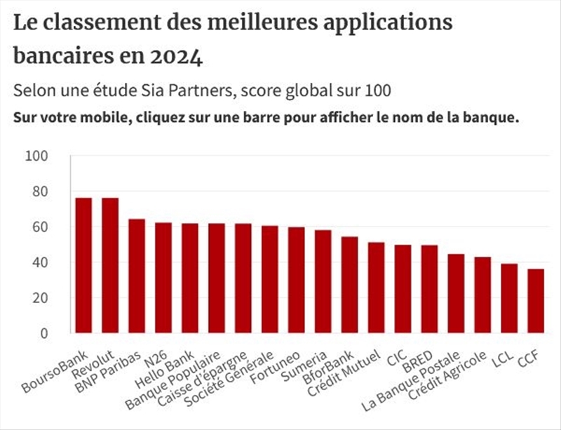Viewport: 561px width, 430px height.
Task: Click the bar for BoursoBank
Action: point(83,266)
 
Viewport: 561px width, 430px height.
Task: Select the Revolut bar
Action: point(110,266)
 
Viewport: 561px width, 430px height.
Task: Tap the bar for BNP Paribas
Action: point(137,276)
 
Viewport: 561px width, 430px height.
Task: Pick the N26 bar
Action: point(163,278)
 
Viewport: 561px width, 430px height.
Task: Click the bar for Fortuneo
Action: point(297,281)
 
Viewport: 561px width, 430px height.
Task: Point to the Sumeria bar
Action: point(323,282)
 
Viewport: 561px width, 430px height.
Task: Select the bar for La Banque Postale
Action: point(456,294)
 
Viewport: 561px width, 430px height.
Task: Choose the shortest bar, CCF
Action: point(536,302)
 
